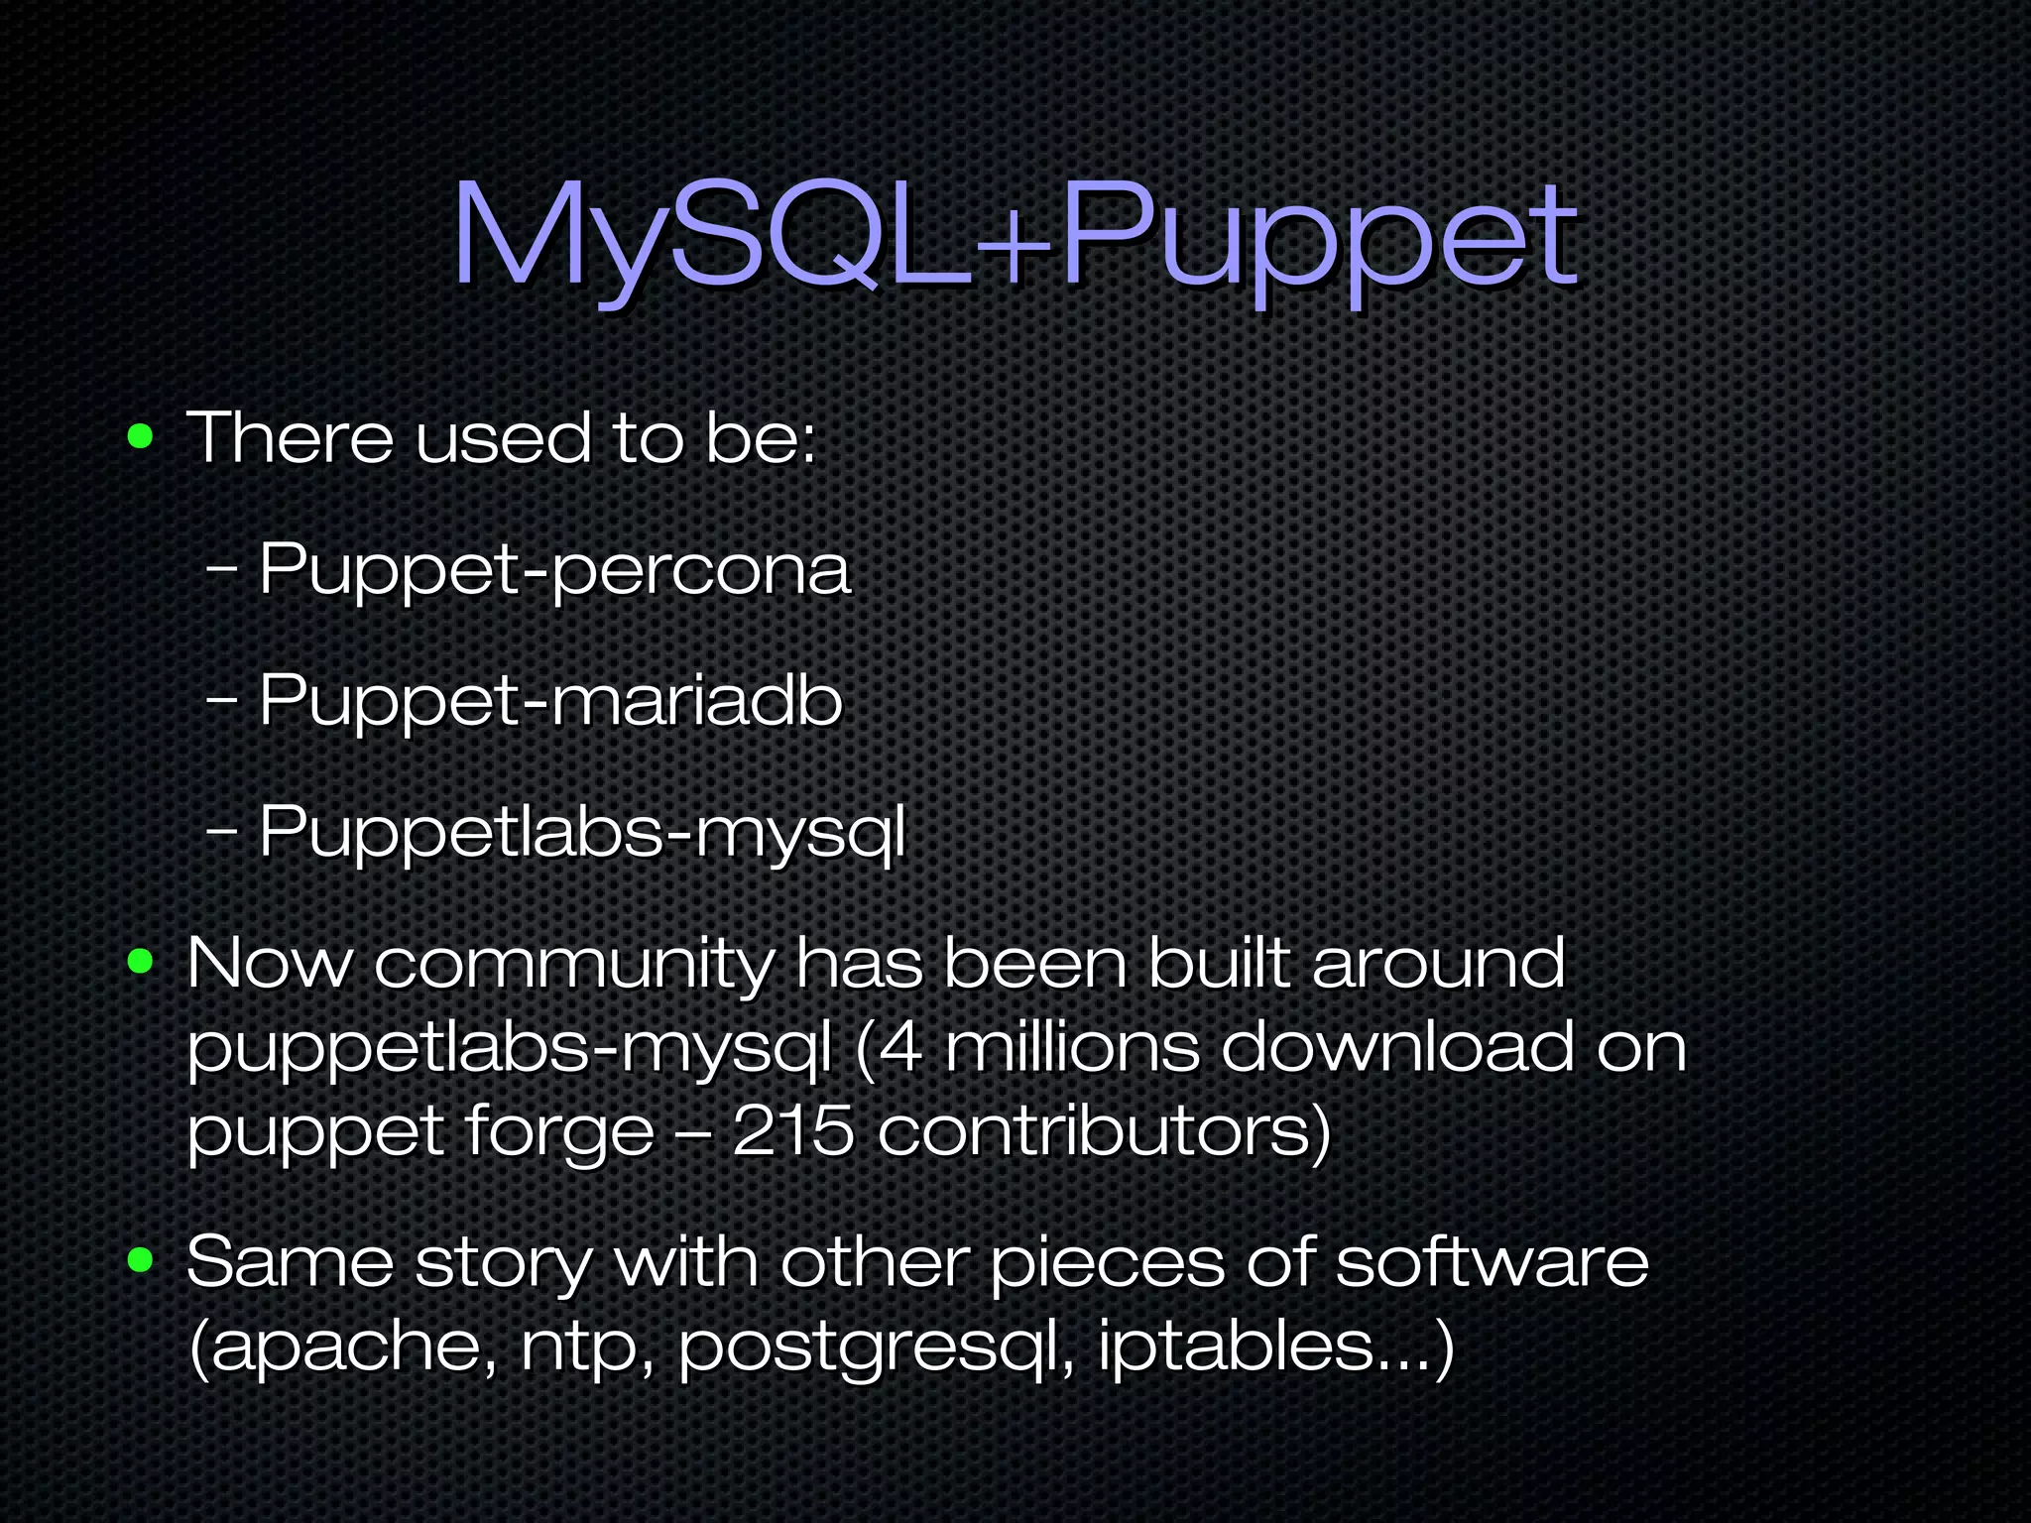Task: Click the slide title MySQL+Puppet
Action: point(1014,238)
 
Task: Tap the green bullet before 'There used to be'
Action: point(141,436)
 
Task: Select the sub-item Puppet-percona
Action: point(554,570)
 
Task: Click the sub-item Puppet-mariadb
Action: point(550,701)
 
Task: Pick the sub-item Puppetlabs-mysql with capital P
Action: point(582,833)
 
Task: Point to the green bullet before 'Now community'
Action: point(141,961)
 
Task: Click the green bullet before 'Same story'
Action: point(141,1260)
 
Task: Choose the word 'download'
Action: point(1396,1047)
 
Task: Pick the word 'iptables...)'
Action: point(1275,1347)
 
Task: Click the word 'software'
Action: point(1492,1262)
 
